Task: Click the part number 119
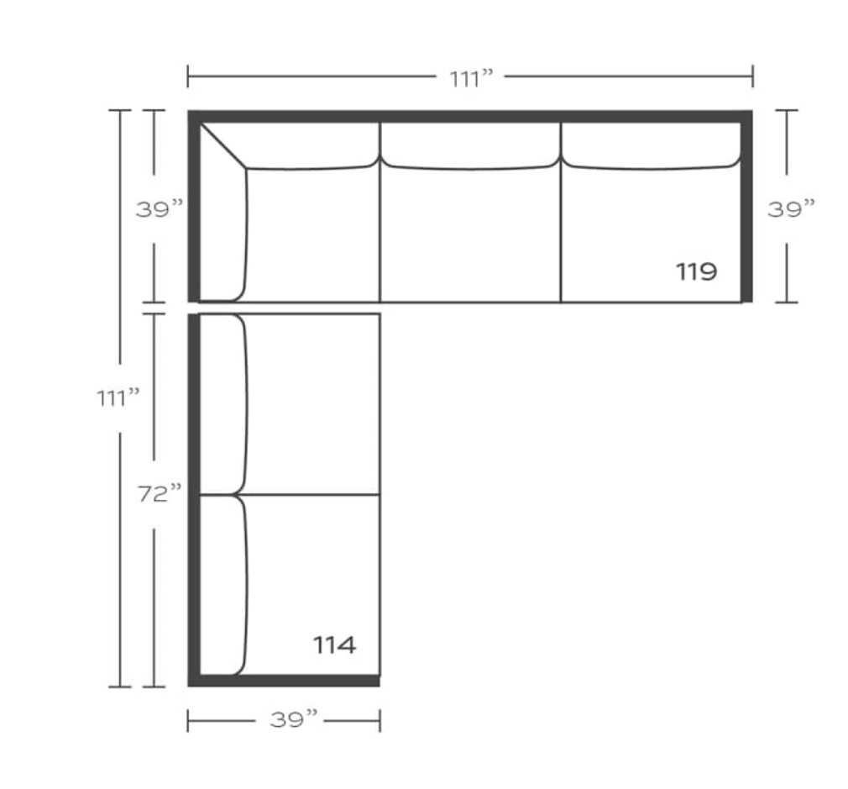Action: [696, 271]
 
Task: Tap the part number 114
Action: [334, 645]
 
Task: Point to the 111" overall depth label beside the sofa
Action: [118, 397]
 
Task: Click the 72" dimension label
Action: [160, 494]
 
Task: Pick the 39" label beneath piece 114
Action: [294, 720]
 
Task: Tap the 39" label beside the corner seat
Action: [160, 208]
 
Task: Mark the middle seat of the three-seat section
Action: [470, 235]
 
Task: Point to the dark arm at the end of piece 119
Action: [746, 210]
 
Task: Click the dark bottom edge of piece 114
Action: [285, 680]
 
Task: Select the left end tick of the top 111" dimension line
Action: [188, 76]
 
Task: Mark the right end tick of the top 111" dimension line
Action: [752, 76]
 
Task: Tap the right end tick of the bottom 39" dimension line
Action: [380, 720]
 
